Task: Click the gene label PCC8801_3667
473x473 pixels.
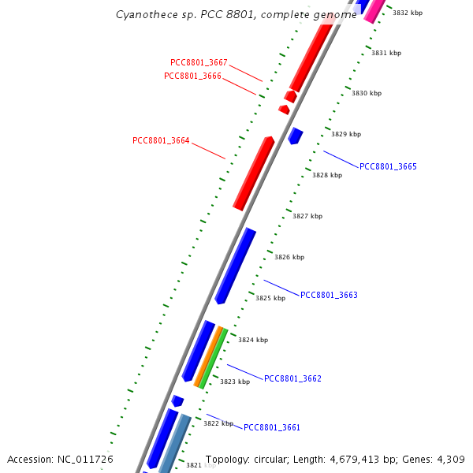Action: click(x=199, y=63)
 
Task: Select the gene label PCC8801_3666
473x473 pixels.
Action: click(x=192, y=76)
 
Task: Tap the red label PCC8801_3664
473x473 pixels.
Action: click(x=161, y=141)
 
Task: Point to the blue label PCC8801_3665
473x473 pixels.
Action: click(x=388, y=167)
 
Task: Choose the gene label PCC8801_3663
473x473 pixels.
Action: click(x=329, y=296)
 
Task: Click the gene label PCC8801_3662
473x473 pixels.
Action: click(x=292, y=379)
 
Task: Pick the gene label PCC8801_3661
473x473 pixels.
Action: click(x=272, y=428)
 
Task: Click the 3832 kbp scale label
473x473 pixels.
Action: click(x=408, y=13)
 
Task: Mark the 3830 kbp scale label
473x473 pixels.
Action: click(x=367, y=93)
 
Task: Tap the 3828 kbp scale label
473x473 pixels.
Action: click(x=327, y=175)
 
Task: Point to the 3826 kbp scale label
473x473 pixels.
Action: click(x=289, y=257)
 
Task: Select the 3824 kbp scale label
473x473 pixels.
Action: click(x=253, y=340)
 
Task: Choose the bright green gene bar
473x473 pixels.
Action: click(x=214, y=359)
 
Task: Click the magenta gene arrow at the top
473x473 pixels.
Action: click(x=374, y=9)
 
